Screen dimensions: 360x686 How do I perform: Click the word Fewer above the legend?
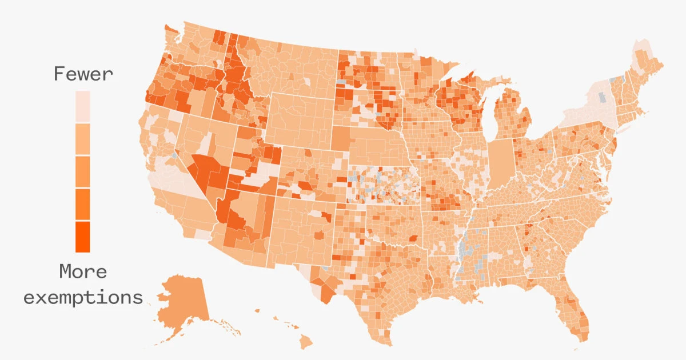click(83, 74)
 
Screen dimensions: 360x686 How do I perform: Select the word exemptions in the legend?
click(83, 297)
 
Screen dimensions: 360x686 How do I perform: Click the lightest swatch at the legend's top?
click(83, 106)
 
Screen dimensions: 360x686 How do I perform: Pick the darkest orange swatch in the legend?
click(83, 237)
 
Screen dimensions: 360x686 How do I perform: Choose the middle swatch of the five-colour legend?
click(83, 171)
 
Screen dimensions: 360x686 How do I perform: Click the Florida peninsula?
click(572, 311)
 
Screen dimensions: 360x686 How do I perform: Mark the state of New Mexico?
click(300, 229)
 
